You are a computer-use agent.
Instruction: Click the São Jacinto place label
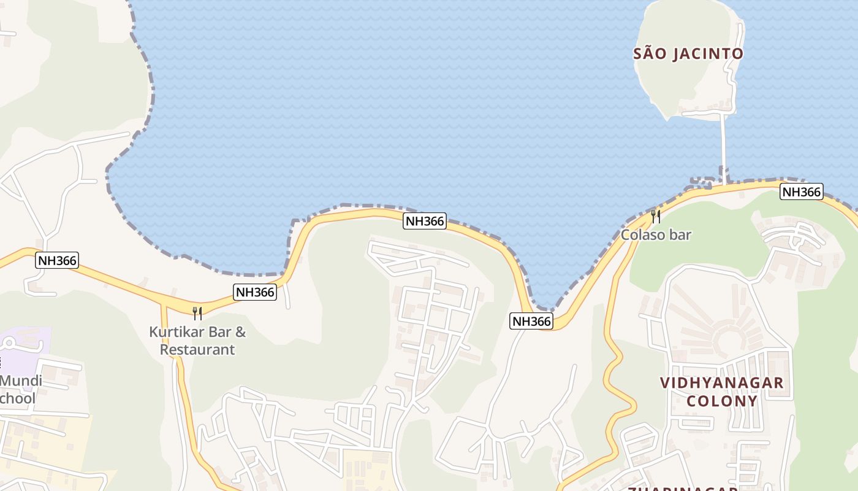688,54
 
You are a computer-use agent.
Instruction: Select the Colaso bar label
656,234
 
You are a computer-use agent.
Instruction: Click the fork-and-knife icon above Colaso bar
655,216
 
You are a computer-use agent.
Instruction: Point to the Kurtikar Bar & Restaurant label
197,341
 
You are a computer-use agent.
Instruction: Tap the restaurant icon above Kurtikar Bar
197,314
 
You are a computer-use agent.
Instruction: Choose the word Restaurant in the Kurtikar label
197,350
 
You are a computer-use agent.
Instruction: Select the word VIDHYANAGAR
721,383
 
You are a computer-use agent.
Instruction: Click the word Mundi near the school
21,381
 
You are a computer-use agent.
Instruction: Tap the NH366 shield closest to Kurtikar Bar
255,292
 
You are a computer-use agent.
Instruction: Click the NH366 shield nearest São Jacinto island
801,191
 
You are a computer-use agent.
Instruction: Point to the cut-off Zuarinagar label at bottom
680,487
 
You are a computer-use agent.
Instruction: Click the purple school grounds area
25,341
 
